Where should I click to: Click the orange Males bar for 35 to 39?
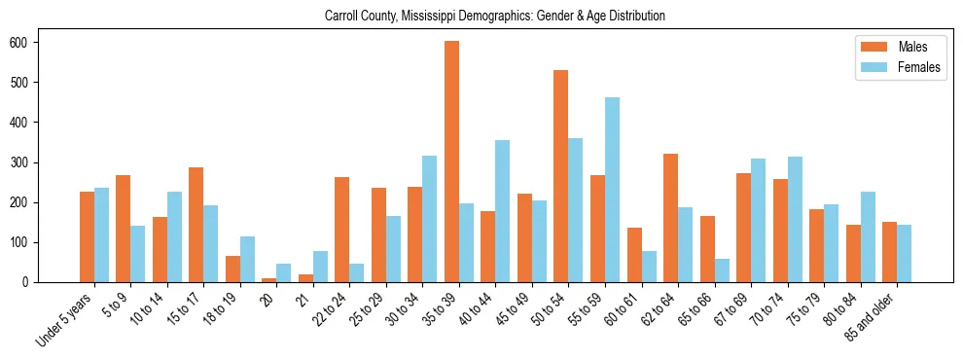click(x=451, y=162)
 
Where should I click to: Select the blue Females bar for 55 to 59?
click(x=612, y=190)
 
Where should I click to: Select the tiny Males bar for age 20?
click(x=269, y=280)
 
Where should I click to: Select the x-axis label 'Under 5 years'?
click(x=66, y=320)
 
